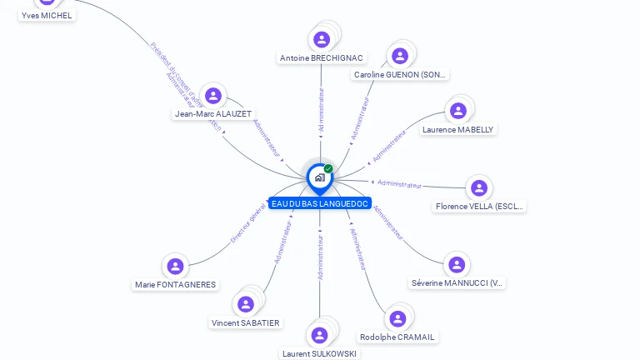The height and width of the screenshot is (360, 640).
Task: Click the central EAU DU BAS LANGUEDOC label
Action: [x=319, y=203]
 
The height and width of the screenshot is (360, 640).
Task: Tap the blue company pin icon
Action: [x=319, y=177]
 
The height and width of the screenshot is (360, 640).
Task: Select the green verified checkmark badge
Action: [x=328, y=169]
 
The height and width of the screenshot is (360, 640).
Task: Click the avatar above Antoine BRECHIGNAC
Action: [x=322, y=39]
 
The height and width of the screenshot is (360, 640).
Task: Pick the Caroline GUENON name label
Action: [x=400, y=75]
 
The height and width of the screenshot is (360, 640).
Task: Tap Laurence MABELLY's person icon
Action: [x=457, y=111]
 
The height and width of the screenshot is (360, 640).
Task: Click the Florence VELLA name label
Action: [x=479, y=207]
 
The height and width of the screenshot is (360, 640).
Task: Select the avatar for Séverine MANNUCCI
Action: [x=456, y=265]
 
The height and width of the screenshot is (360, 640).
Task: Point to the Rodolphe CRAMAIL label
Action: [x=397, y=337]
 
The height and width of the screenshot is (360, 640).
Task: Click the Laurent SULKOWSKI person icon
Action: [x=319, y=335]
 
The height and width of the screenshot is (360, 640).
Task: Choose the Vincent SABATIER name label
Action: [x=246, y=322]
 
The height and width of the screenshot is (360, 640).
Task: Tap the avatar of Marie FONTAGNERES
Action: [x=175, y=267]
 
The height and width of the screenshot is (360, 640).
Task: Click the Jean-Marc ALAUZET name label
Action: [x=213, y=114]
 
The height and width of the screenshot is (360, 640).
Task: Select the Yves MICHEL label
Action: [x=47, y=15]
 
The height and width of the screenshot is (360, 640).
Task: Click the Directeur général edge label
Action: [x=248, y=222]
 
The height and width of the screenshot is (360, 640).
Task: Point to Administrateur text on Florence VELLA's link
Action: [x=399, y=183]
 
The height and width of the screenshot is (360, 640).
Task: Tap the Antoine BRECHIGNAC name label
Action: [x=322, y=58]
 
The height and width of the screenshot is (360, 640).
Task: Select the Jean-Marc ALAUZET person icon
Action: [x=213, y=96]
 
